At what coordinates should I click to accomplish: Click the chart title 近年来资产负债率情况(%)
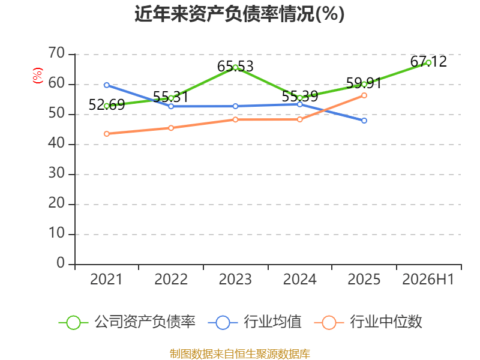tap(239, 14)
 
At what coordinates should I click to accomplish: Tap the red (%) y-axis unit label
tap(38, 76)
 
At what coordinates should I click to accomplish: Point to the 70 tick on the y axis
tap(56, 53)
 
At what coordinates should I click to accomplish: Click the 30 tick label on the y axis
tap(56, 173)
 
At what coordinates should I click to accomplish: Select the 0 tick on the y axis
tap(61, 263)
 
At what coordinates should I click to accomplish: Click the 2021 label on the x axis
tap(106, 279)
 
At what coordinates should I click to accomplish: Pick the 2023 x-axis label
tap(235, 279)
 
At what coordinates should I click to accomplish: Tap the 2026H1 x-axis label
tap(428, 279)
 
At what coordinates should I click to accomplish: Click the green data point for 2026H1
tap(428, 63)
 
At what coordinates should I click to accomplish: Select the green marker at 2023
tap(235, 67)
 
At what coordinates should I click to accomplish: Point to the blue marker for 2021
tap(107, 85)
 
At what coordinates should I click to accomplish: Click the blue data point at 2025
tap(364, 121)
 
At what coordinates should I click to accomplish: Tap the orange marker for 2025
tap(364, 95)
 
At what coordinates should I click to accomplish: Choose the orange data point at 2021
tap(107, 134)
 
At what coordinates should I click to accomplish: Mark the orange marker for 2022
tap(171, 128)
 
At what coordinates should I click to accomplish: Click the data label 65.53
tap(235, 67)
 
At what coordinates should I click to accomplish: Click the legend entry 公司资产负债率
tap(127, 322)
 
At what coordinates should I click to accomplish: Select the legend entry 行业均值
tap(254, 322)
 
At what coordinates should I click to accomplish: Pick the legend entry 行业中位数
tap(368, 322)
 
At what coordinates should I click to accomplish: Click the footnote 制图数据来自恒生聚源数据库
tap(240, 354)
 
